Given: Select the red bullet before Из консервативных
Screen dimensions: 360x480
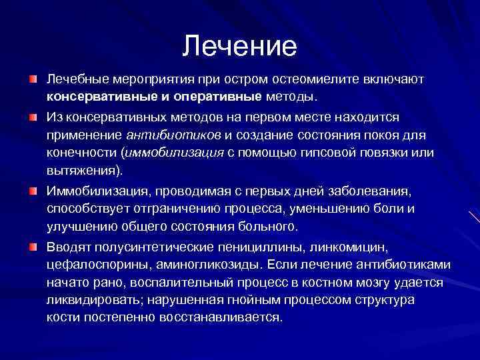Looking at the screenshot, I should click(33, 117).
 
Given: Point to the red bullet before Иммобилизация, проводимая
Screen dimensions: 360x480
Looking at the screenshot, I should click(33, 191).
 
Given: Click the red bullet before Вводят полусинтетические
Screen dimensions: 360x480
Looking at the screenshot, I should click(33, 247).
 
